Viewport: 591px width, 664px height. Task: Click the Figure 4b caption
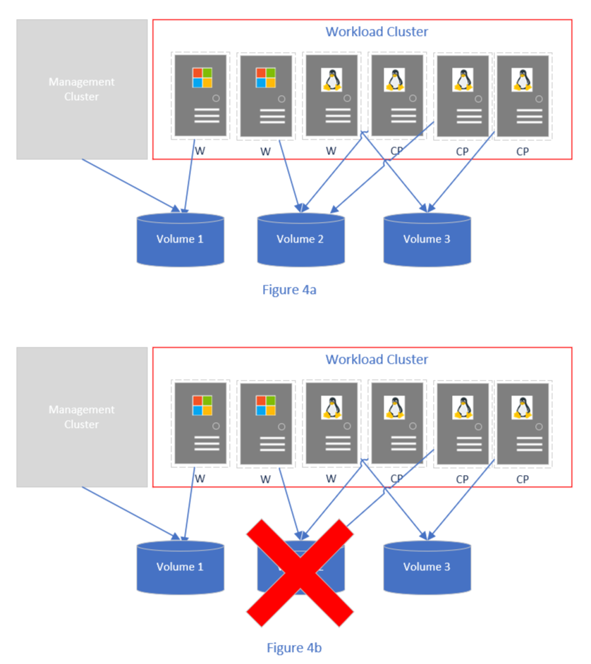(294, 646)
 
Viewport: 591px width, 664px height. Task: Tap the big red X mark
(300, 572)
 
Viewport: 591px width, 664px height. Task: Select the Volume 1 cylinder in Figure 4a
(180, 240)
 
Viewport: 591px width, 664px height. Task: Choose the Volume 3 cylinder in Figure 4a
(427, 240)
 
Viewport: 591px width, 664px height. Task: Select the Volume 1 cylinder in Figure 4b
(180, 567)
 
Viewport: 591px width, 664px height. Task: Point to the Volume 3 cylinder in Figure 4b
(427, 567)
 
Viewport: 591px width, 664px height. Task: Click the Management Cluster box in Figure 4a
(82, 89)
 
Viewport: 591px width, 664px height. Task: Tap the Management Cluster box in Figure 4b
(82, 417)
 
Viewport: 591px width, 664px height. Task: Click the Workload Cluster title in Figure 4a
(377, 32)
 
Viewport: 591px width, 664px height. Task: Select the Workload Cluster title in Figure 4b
(377, 359)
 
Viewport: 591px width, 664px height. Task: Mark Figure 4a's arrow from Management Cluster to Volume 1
(130, 185)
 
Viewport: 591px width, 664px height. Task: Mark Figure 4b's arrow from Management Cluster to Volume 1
(130, 512)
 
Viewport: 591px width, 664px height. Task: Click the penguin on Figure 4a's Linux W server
(331, 79)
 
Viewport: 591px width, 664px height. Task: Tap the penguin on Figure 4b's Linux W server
(331, 407)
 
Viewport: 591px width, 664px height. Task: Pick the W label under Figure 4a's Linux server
(331, 151)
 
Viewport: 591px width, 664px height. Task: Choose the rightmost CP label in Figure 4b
(522, 479)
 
